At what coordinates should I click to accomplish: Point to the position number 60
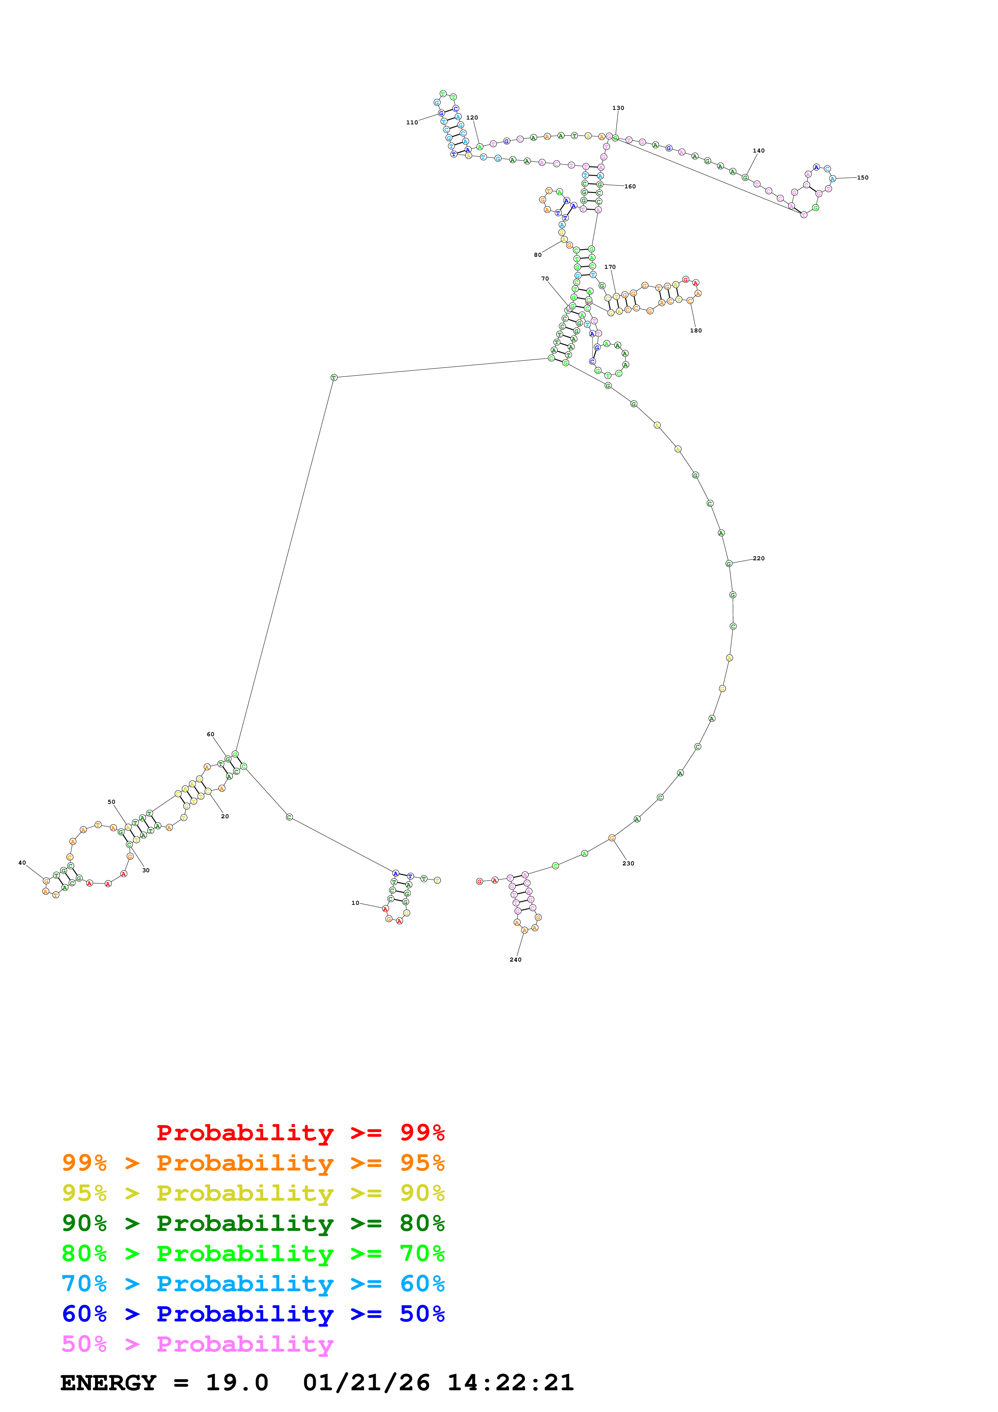[x=210, y=734]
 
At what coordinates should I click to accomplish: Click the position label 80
[x=537, y=255]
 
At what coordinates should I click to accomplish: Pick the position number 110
[x=411, y=122]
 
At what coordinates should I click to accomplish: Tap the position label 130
[x=618, y=107]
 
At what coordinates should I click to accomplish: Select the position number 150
[x=863, y=178]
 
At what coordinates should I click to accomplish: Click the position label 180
[x=696, y=330]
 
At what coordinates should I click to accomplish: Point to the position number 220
[x=759, y=558]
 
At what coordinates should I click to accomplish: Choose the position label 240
[x=515, y=959]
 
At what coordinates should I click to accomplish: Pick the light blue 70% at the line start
[x=84, y=1284]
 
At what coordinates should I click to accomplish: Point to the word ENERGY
[x=108, y=1383]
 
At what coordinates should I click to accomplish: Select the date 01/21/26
[x=366, y=1383]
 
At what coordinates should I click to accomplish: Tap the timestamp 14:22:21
[x=510, y=1383]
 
